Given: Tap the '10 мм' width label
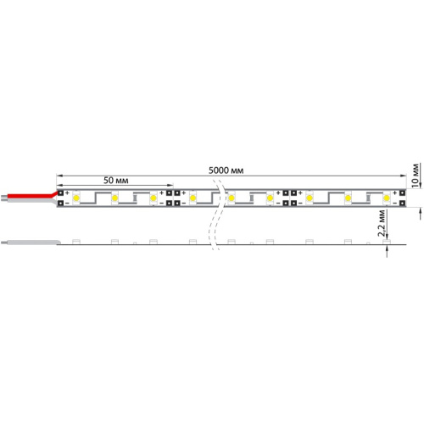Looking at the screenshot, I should click(x=415, y=174).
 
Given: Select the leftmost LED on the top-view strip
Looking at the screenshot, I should click(x=76, y=198).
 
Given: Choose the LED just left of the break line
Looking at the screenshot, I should click(x=193, y=198).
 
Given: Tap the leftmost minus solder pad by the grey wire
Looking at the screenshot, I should click(x=61, y=204).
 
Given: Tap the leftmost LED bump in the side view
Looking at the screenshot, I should click(x=76, y=242).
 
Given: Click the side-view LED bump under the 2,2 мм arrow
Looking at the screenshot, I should click(x=386, y=242).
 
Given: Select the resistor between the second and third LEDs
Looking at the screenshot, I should click(x=134, y=198).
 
